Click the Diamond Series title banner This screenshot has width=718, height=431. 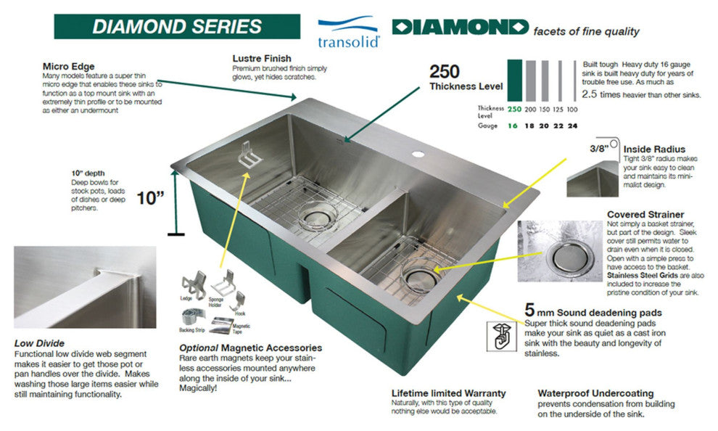pyautogui.click(x=178, y=26)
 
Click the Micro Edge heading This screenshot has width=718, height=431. pyautogui.click(x=69, y=67)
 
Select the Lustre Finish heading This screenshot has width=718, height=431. pyautogui.click(x=262, y=58)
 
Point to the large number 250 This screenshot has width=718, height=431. pyautogui.click(x=445, y=71)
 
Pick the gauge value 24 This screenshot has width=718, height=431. pyautogui.click(x=572, y=126)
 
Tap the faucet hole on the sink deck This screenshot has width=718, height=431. pyautogui.click(x=419, y=155)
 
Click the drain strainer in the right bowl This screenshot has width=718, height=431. pyautogui.click(x=418, y=276)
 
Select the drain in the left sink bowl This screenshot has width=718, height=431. pyautogui.click(x=317, y=214)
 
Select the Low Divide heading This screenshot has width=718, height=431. pyautogui.click(x=39, y=343)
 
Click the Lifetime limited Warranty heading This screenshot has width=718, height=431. pyautogui.click(x=448, y=393)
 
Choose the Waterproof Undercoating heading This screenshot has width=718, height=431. pyautogui.click(x=595, y=393)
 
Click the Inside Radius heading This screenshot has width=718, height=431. pyautogui.click(x=653, y=149)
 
